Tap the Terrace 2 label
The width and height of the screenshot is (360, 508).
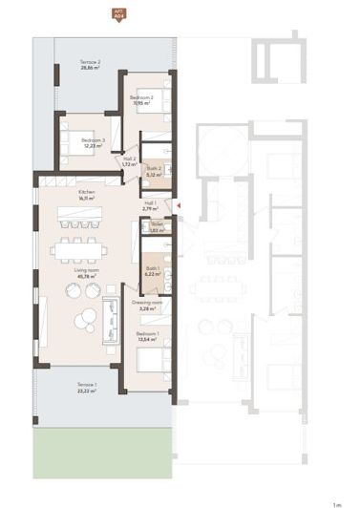click(x=91, y=62)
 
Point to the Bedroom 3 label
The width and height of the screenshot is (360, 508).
click(x=92, y=140)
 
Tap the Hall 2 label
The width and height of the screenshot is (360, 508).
click(x=130, y=159)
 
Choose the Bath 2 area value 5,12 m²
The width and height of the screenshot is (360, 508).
click(x=152, y=175)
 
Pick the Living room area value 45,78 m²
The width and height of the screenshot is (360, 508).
click(x=87, y=277)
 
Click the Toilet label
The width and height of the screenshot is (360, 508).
click(x=156, y=225)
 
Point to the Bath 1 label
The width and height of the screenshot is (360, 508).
click(x=153, y=268)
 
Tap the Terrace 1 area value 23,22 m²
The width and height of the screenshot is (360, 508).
click(x=87, y=392)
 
